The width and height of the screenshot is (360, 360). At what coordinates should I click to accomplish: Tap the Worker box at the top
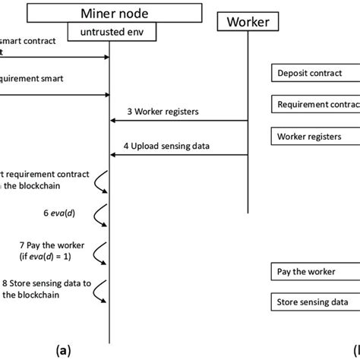[248, 23]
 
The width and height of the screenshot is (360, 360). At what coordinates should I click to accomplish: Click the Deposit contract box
[314, 74]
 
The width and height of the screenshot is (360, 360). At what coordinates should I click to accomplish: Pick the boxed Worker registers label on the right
[314, 137]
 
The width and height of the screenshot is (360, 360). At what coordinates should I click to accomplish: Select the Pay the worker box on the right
[314, 271]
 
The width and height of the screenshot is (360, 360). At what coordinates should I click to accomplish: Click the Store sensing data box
[314, 303]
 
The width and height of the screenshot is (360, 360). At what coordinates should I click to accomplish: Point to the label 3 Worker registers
[163, 112]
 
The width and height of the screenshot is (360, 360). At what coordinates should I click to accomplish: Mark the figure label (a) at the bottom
[64, 350]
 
